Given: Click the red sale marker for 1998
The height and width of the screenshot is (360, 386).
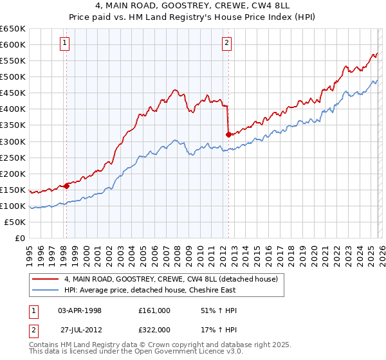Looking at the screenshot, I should pos(66,186).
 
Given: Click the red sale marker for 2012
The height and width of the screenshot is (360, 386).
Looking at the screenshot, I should pos(228,134).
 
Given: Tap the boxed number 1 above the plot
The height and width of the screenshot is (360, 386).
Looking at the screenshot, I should pos(66,44).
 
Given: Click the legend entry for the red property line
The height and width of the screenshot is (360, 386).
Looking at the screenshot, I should pos(170,279).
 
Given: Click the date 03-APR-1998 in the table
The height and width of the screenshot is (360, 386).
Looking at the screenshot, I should pos(80,310).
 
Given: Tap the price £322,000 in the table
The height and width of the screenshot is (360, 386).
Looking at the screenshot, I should pos(154,330).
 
